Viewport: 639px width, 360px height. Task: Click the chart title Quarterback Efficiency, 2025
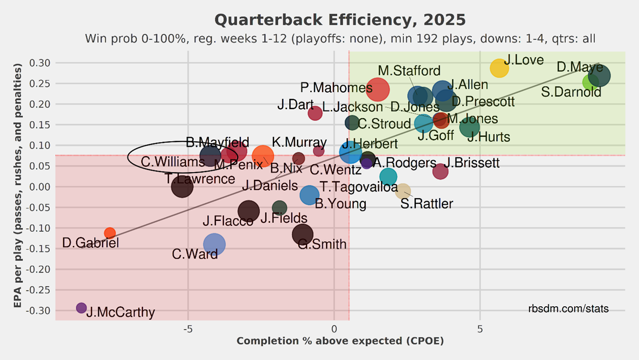[340, 20]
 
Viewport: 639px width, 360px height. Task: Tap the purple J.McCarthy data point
[81, 308]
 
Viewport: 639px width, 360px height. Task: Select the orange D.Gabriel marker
[110, 233]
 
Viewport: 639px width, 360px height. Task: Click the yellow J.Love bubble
[499, 68]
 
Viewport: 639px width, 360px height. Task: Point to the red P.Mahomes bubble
[378, 89]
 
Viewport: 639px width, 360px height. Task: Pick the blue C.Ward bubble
[214, 244]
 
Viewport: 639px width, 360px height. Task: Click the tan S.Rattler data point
[403, 191]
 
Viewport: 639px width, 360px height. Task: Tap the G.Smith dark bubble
[303, 234]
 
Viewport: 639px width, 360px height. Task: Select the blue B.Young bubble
[309, 195]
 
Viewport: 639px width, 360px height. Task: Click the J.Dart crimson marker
[315, 113]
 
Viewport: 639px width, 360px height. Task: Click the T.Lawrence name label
[200, 179]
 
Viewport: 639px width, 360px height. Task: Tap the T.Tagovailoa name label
[358, 187]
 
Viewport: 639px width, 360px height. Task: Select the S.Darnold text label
[571, 93]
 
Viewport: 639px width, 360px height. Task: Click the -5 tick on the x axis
[187, 329]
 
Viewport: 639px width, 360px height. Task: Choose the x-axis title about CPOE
[340, 341]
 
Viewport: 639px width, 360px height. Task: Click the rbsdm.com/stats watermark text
[568, 309]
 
